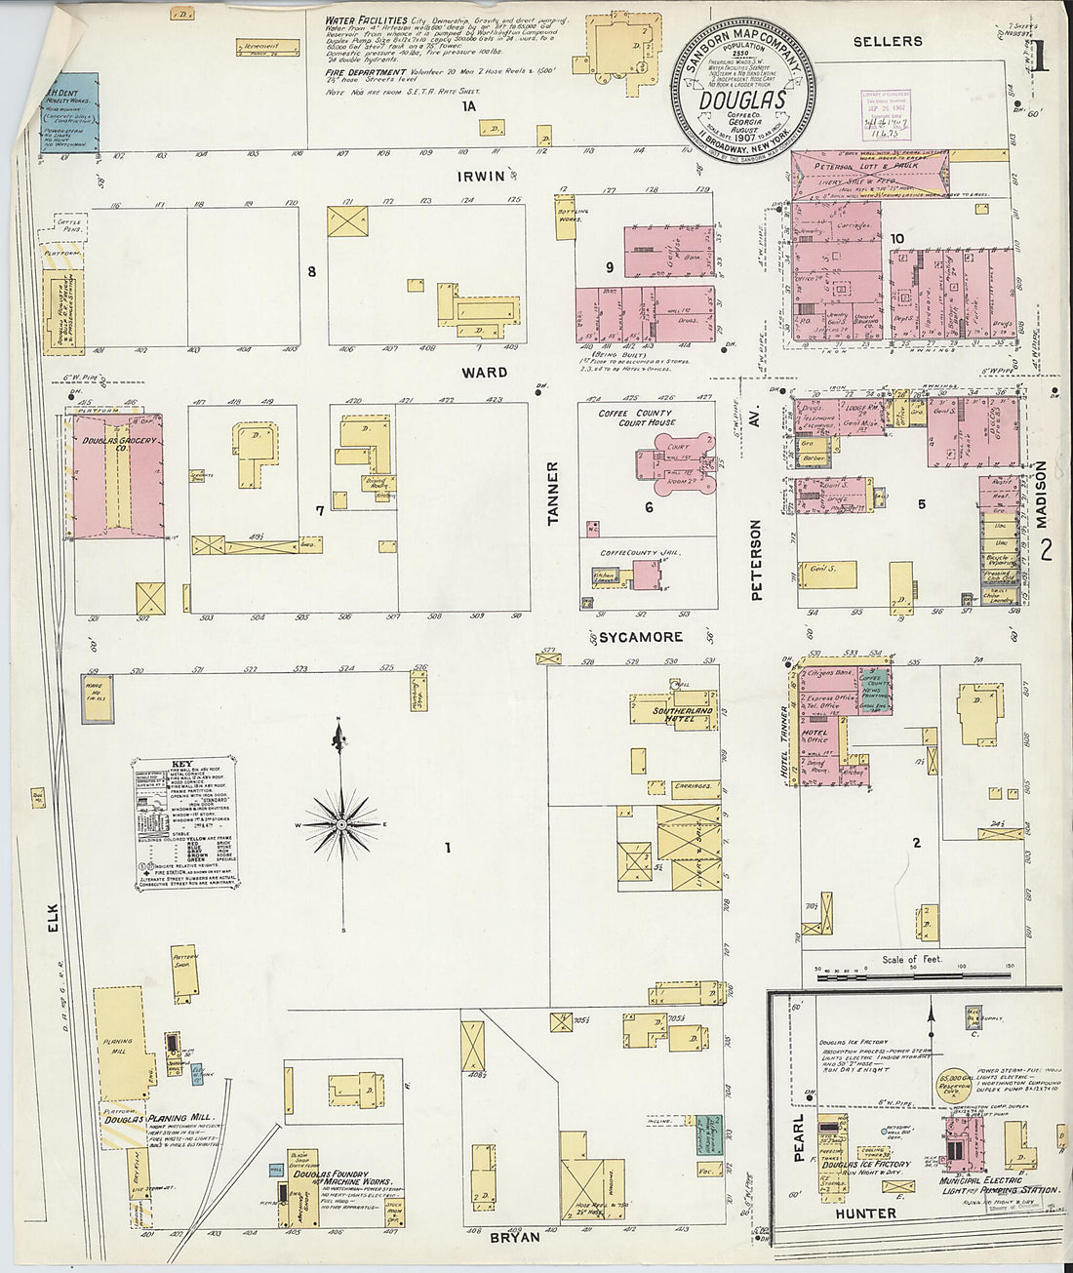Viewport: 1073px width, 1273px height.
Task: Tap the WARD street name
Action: pos(485,373)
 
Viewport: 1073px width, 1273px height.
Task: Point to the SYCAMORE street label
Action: pos(640,637)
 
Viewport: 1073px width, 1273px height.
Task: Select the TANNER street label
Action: pos(553,494)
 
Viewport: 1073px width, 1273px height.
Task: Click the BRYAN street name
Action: pos(513,1237)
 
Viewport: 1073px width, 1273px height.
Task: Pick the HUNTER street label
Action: pos(865,1213)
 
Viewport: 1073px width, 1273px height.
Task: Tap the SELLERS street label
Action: pos(888,41)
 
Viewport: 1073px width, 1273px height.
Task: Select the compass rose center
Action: pos(342,825)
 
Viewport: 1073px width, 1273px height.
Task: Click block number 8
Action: pos(312,272)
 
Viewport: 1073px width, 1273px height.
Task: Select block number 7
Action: pos(319,511)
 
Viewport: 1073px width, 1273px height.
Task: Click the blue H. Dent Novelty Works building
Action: pos(70,112)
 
